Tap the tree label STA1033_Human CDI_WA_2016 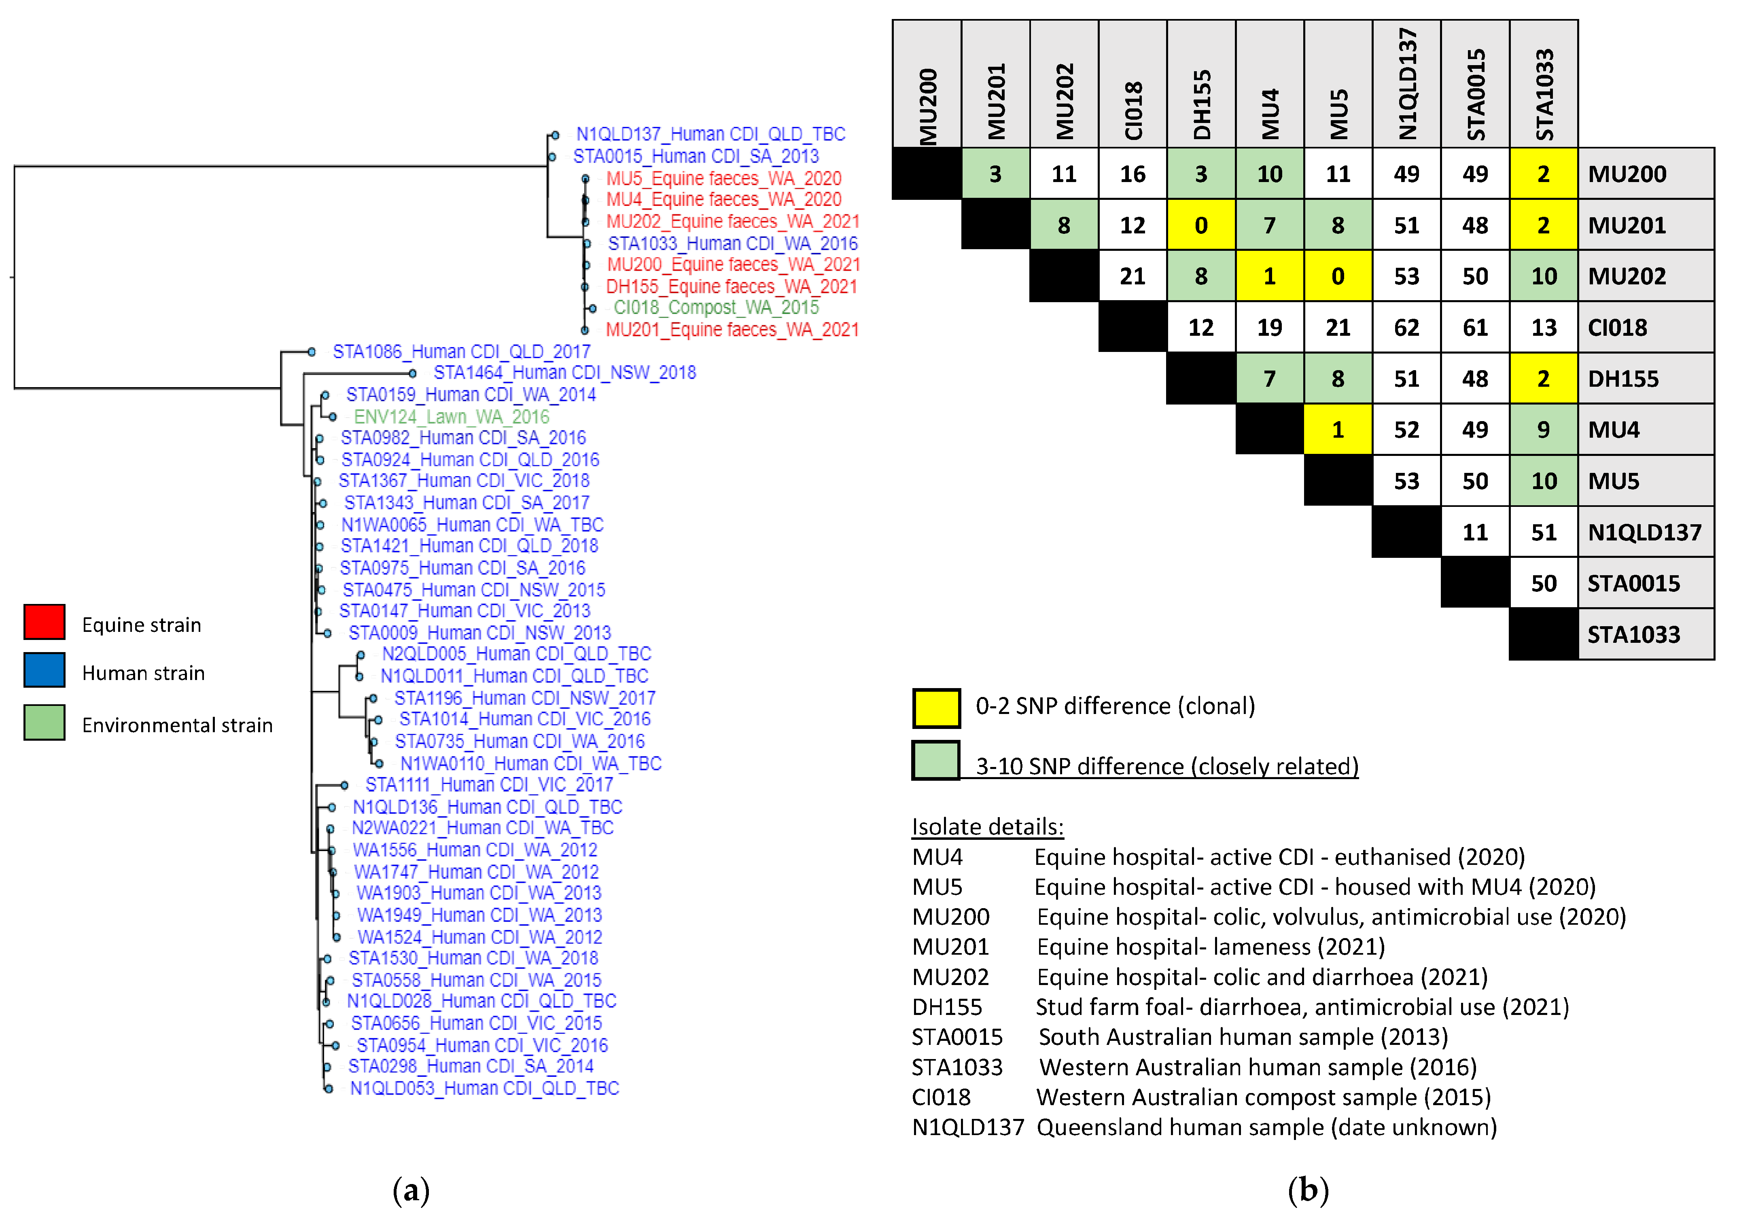click(x=732, y=244)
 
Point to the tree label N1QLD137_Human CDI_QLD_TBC click(x=710, y=134)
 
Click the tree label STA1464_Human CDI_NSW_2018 click(x=564, y=373)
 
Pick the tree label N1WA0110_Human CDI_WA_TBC click(x=530, y=764)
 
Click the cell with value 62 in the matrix click(x=1406, y=327)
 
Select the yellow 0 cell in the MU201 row click(x=1200, y=225)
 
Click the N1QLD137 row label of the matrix click(x=1645, y=532)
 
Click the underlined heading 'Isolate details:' click(x=987, y=826)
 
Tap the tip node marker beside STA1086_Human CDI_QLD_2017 click(x=312, y=352)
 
